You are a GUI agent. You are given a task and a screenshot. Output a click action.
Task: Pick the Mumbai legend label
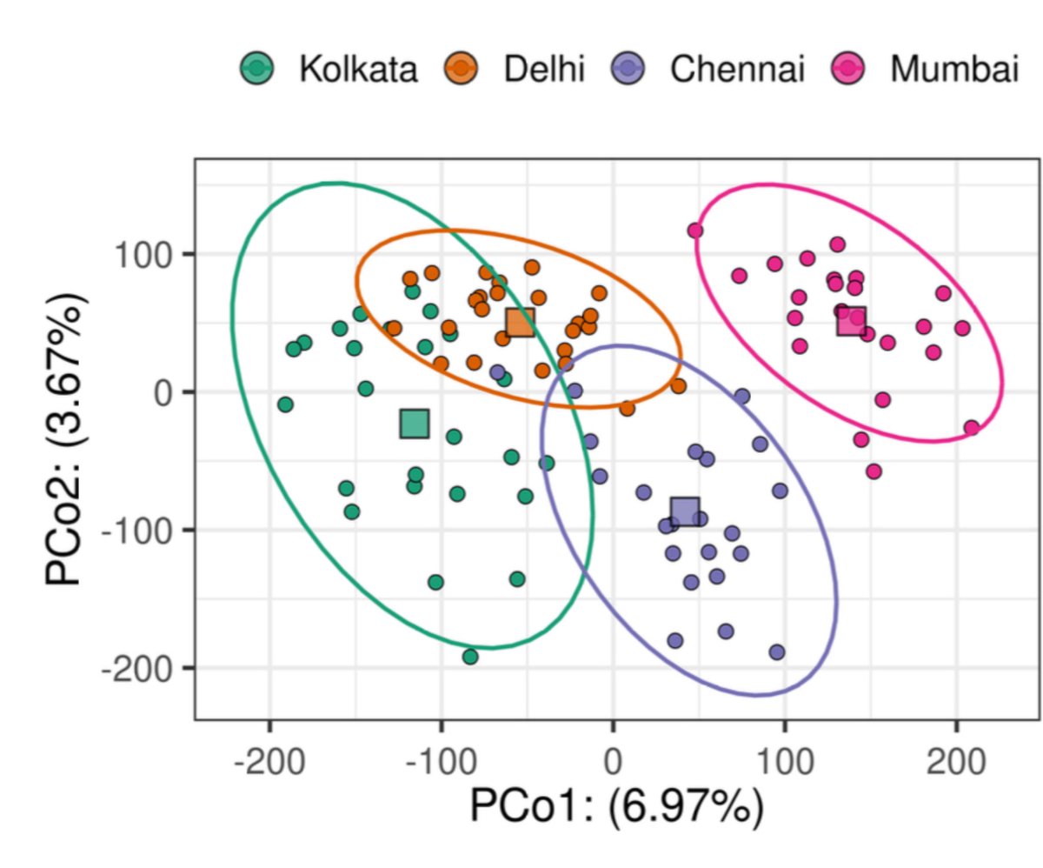click(x=953, y=70)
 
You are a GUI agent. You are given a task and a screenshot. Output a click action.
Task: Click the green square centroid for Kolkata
click(x=415, y=424)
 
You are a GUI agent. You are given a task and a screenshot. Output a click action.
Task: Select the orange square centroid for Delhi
click(x=520, y=322)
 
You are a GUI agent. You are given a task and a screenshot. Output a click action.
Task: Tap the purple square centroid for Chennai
click(x=685, y=512)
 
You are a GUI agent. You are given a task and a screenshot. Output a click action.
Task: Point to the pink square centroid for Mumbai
click(x=852, y=321)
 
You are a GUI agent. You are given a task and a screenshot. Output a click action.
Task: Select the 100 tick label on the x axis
click(x=785, y=765)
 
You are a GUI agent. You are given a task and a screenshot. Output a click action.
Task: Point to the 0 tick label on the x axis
click(x=613, y=765)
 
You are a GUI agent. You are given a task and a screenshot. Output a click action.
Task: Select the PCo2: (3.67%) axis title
click(x=69, y=443)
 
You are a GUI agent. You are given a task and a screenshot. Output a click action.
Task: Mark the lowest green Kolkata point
click(x=470, y=657)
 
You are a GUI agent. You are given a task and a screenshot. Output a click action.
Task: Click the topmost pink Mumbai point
click(x=694, y=230)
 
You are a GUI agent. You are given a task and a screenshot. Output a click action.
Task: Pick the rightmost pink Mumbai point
click(x=972, y=428)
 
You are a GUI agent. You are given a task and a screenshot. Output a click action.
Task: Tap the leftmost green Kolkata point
click(x=285, y=404)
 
